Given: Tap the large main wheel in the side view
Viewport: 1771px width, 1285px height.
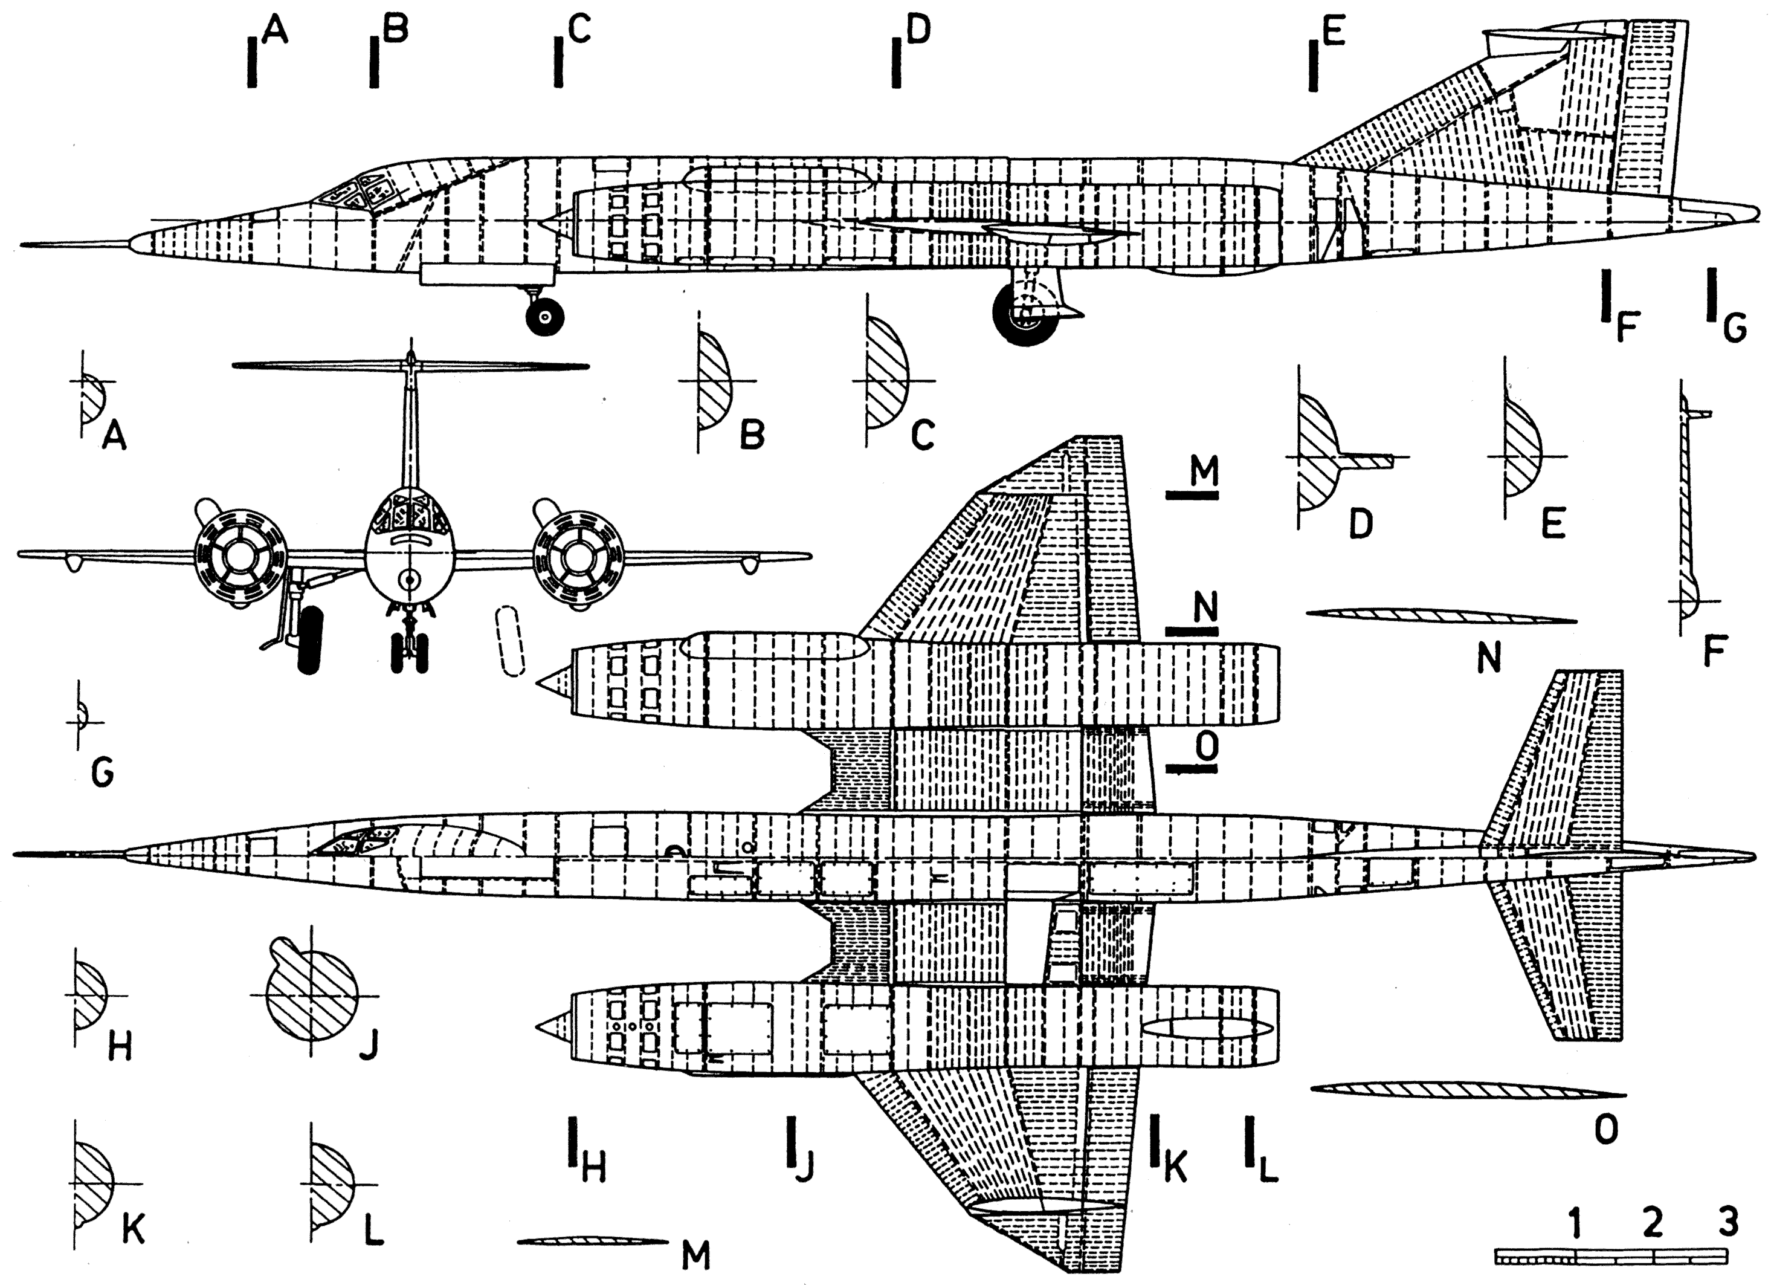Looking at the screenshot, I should (1021, 314).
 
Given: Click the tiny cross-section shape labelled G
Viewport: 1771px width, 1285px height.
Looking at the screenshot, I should (80, 716).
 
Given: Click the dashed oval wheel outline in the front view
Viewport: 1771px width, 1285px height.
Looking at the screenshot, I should (511, 641).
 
